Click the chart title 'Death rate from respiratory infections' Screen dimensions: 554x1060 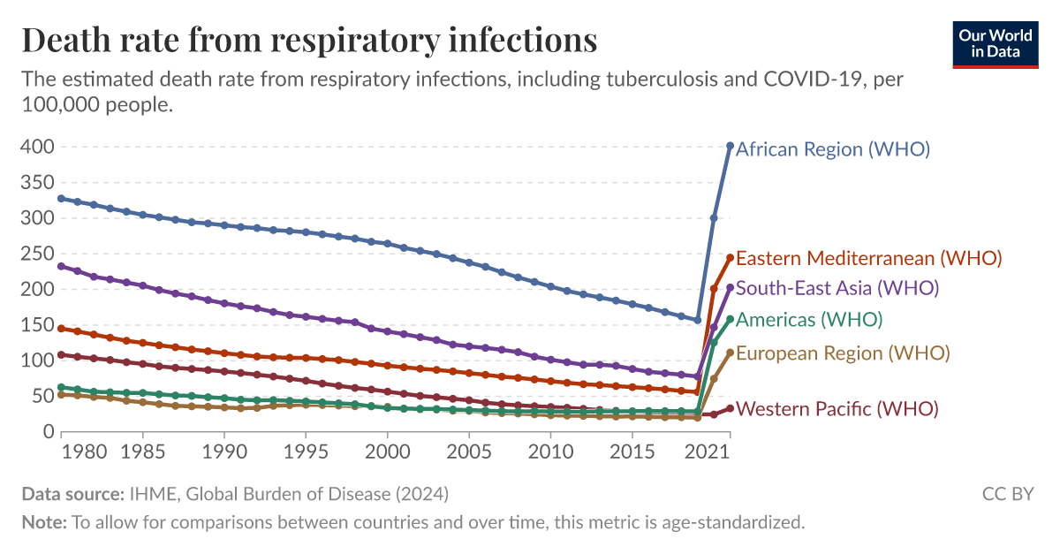[309, 41]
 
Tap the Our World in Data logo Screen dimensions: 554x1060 [996, 42]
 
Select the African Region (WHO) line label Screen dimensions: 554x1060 [832, 149]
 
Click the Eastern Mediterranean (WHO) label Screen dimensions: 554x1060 [868, 258]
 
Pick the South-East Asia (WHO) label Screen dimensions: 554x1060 [837, 288]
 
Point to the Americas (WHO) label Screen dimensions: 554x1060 [808, 319]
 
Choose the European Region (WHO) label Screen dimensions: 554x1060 [842, 353]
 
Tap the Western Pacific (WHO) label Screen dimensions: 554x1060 [837, 409]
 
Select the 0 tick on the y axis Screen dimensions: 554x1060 [49, 432]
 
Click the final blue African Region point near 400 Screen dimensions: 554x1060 [730, 146]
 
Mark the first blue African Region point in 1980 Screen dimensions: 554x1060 [61, 198]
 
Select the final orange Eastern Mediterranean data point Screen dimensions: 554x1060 [730, 257]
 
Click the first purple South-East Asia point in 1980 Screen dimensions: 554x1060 [61, 266]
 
